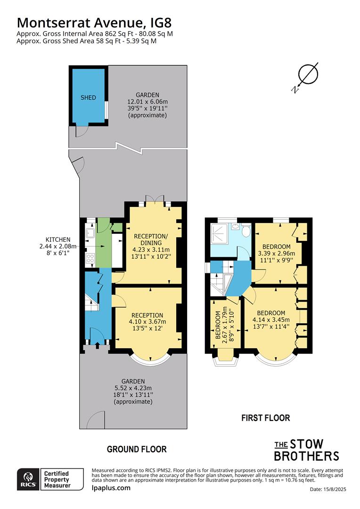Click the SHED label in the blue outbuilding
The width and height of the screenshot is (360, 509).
[x=88, y=98]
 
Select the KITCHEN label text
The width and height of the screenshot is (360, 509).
[x=58, y=239]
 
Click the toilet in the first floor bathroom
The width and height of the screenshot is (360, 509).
[x=246, y=230]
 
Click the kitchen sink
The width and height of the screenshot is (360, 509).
[x=90, y=233]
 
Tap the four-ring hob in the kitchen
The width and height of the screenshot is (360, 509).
[x=90, y=258]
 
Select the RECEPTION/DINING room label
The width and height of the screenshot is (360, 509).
[x=151, y=239]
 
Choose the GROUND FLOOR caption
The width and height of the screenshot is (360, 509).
[x=137, y=449]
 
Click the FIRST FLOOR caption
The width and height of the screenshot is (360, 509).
[x=266, y=418]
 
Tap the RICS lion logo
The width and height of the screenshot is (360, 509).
[x=28, y=479]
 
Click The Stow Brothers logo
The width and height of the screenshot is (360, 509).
[x=306, y=450]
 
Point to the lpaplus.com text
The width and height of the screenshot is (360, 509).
[x=111, y=488]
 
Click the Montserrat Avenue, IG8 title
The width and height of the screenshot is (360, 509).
[x=94, y=23]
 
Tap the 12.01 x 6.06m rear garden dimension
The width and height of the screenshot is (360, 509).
[x=147, y=102]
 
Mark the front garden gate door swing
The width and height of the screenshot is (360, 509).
[x=96, y=420]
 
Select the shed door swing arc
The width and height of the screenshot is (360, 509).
[x=80, y=132]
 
